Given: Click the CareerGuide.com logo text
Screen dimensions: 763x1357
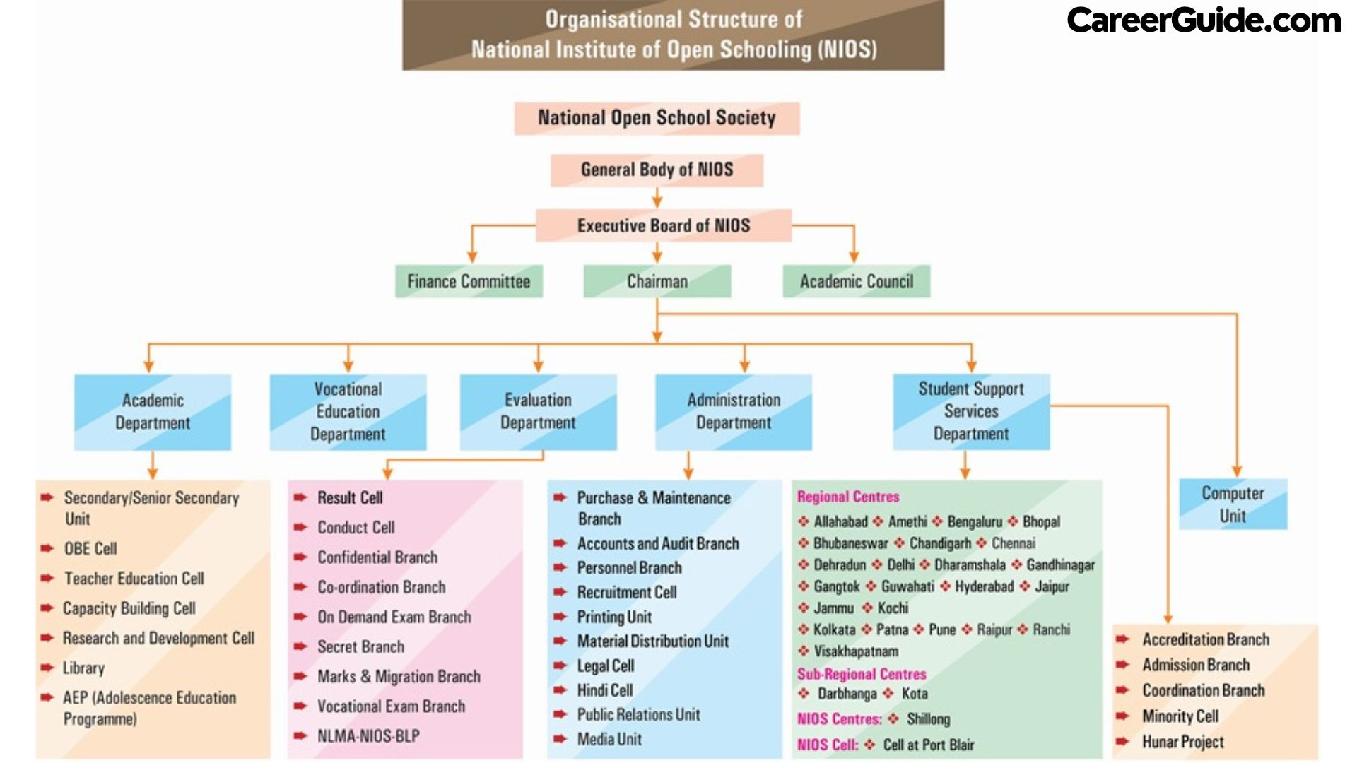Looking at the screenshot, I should click(1203, 20).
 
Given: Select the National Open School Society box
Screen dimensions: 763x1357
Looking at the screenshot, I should click(657, 118).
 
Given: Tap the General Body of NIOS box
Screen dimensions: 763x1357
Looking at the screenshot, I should click(657, 170).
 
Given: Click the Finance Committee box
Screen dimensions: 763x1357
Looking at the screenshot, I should click(469, 281).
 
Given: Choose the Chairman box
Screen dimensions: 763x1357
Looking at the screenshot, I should click(657, 281).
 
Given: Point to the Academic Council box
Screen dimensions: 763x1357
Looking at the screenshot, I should click(856, 281).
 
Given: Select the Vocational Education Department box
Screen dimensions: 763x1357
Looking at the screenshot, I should click(348, 412).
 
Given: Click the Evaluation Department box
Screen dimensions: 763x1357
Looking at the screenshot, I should click(538, 412).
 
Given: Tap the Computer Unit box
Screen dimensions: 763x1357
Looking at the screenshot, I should click(1233, 504).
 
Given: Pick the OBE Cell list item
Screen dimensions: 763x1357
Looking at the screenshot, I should click(90, 549).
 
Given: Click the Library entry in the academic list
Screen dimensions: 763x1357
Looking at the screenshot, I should click(83, 668).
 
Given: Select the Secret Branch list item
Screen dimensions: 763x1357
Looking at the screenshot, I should click(360, 646).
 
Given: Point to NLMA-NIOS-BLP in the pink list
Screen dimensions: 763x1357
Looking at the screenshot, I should click(368, 736).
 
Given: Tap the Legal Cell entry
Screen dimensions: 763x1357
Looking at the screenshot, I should click(606, 666).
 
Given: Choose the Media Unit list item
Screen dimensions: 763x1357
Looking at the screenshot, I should click(609, 739).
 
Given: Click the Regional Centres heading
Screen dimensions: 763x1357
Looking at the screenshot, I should click(848, 497).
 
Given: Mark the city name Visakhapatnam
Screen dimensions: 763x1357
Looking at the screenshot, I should click(856, 651).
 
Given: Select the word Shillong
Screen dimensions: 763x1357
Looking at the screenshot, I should click(928, 719).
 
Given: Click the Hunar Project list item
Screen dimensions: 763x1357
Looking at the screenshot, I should click(1182, 742).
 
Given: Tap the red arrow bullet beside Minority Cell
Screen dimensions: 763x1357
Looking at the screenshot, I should click(1122, 716).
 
